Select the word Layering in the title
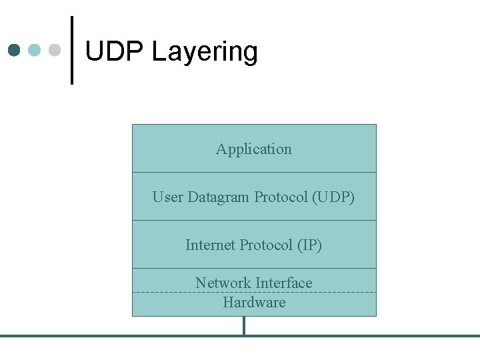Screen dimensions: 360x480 (x=205, y=53)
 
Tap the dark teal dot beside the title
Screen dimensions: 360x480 (x=15, y=51)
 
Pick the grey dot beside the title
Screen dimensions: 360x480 (x=55, y=51)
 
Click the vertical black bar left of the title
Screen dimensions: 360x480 (x=72, y=51)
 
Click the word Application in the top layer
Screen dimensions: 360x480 (x=254, y=149)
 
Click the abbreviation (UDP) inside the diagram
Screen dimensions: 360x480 (x=333, y=197)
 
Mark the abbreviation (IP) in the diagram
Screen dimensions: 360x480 (x=309, y=245)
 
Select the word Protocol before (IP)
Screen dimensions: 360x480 (x=267, y=245)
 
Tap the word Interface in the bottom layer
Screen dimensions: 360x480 (x=282, y=283)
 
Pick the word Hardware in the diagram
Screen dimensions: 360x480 (x=254, y=303)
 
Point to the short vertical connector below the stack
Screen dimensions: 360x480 (x=244, y=325)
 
